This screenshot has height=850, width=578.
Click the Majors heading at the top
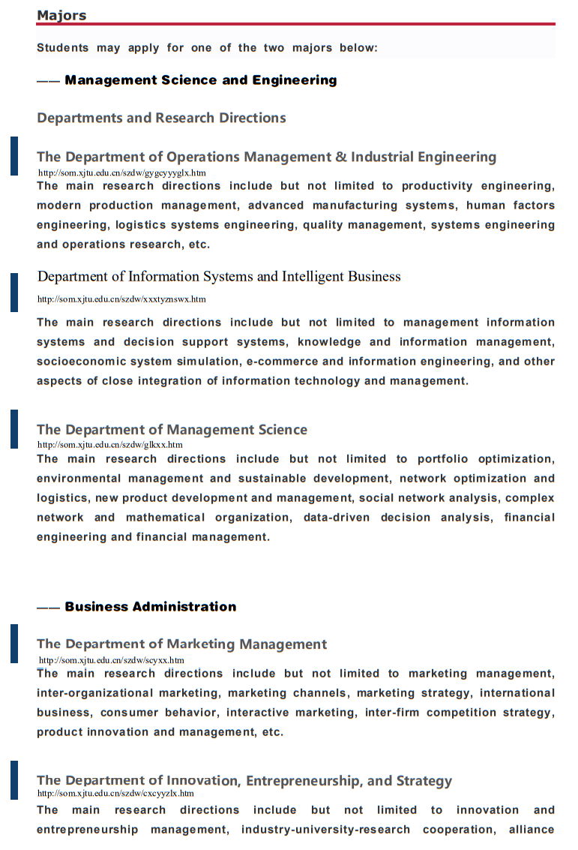click(x=61, y=15)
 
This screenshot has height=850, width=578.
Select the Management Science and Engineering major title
click(x=200, y=80)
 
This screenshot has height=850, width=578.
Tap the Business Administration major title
click(x=150, y=607)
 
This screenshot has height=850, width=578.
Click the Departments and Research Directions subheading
click(x=161, y=118)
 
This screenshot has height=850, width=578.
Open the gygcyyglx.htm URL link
click(x=121, y=173)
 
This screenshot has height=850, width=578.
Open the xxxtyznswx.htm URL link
click(x=121, y=299)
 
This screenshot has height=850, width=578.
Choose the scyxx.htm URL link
click(x=111, y=660)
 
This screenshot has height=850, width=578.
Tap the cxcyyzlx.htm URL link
click(x=115, y=793)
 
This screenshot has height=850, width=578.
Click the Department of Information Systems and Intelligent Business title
click(x=219, y=277)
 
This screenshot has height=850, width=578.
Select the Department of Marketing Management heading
click(x=181, y=644)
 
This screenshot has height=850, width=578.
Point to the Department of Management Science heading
click(x=172, y=430)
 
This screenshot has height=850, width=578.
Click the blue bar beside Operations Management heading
click(x=13, y=156)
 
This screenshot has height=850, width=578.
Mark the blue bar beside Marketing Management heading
click(x=13, y=644)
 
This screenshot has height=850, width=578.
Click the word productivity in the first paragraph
click(x=437, y=186)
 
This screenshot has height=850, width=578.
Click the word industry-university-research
click(x=325, y=830)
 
